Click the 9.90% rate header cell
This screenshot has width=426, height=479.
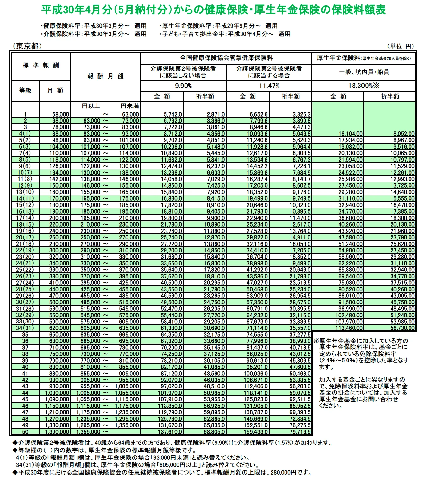(183, 86)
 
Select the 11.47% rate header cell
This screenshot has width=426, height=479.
(269, 86)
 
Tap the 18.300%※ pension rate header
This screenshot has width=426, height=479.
(364, 86)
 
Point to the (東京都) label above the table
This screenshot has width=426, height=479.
(27, 46)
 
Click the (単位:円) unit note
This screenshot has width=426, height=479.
(402, 46)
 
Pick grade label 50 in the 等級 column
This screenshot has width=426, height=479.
(25, 432)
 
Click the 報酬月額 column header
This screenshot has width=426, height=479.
(105, 76)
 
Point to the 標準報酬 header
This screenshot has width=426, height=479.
(41, 66)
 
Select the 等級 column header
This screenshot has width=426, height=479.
(25, 90)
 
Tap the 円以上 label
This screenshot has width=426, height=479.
(91, 106)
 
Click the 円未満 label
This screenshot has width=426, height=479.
(129, 106)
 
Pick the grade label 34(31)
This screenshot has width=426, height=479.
(25, 328)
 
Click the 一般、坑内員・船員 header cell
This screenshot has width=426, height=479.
(364, 72)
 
